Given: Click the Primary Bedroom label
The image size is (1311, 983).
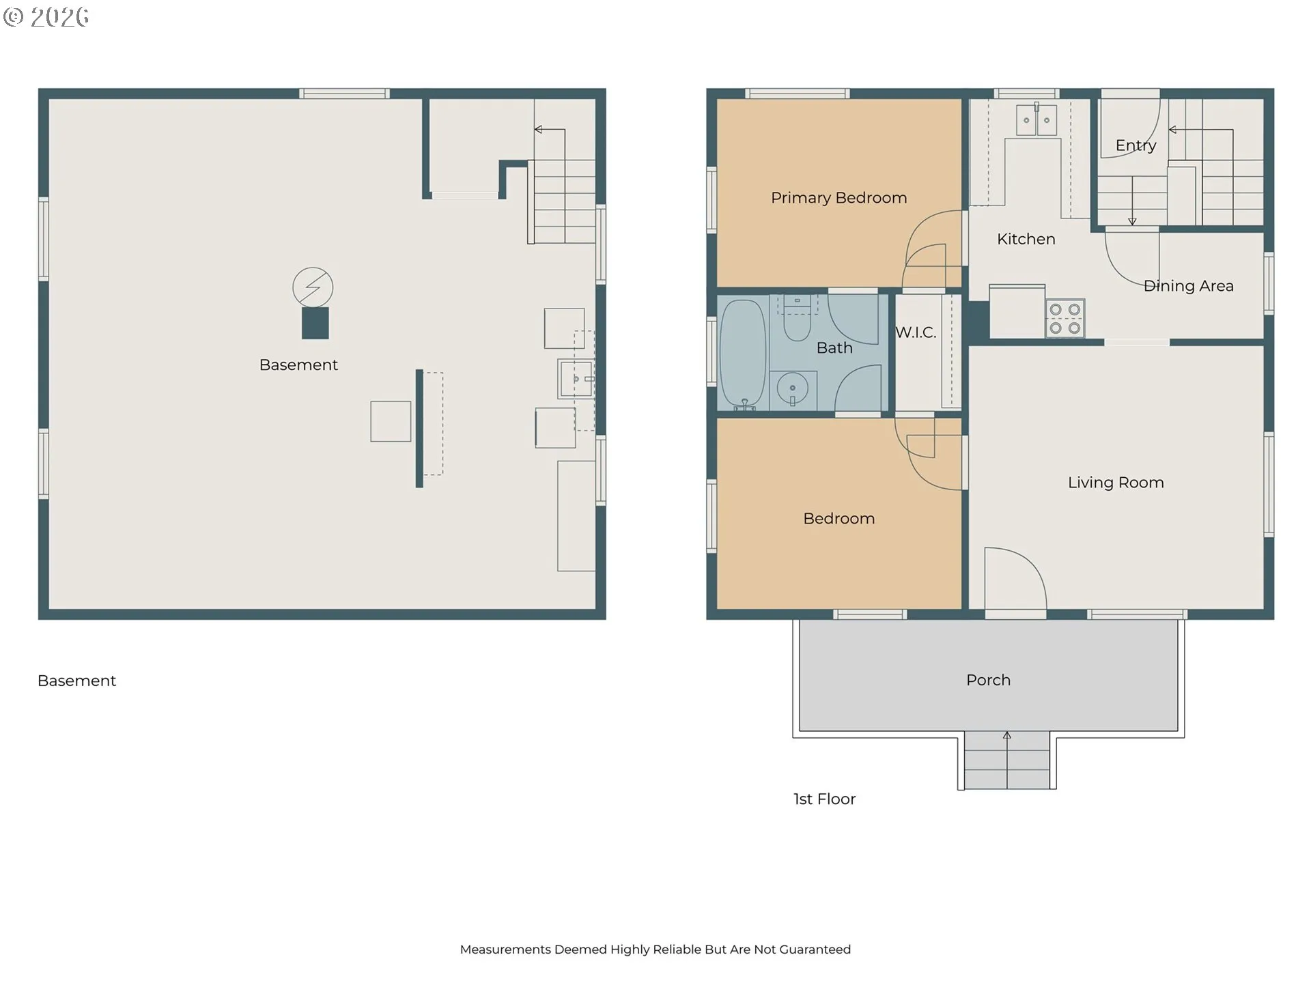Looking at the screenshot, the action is point(838,198).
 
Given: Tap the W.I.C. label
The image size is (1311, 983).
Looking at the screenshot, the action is point(916,332).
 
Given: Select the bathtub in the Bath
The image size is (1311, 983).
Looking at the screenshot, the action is point(743,354).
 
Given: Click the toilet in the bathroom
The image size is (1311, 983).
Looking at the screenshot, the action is point(797,319).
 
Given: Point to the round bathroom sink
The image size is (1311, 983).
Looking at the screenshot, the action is point(793,389).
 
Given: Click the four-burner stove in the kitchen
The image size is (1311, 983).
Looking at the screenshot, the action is point(1065,318).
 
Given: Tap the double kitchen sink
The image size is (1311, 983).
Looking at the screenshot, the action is point(1037,120).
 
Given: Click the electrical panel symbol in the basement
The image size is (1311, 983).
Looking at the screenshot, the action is point(313,287).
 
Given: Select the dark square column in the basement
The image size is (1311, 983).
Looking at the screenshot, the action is point(315,323).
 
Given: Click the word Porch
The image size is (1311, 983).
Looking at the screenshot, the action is point(988,680).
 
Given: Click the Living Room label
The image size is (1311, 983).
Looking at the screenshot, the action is point(1116,483).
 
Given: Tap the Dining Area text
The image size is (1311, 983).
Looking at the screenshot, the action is point(1189,286).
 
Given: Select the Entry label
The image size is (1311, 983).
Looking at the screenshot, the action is point(1136,145).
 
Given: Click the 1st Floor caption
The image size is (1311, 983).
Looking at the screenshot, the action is point(824,799).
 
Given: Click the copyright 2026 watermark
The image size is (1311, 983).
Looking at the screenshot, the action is point(46,17).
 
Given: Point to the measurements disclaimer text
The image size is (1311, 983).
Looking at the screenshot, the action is point(655,950).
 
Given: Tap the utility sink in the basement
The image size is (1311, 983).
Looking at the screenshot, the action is point(576,380).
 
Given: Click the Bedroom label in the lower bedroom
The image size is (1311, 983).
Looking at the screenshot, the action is point(838,519).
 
